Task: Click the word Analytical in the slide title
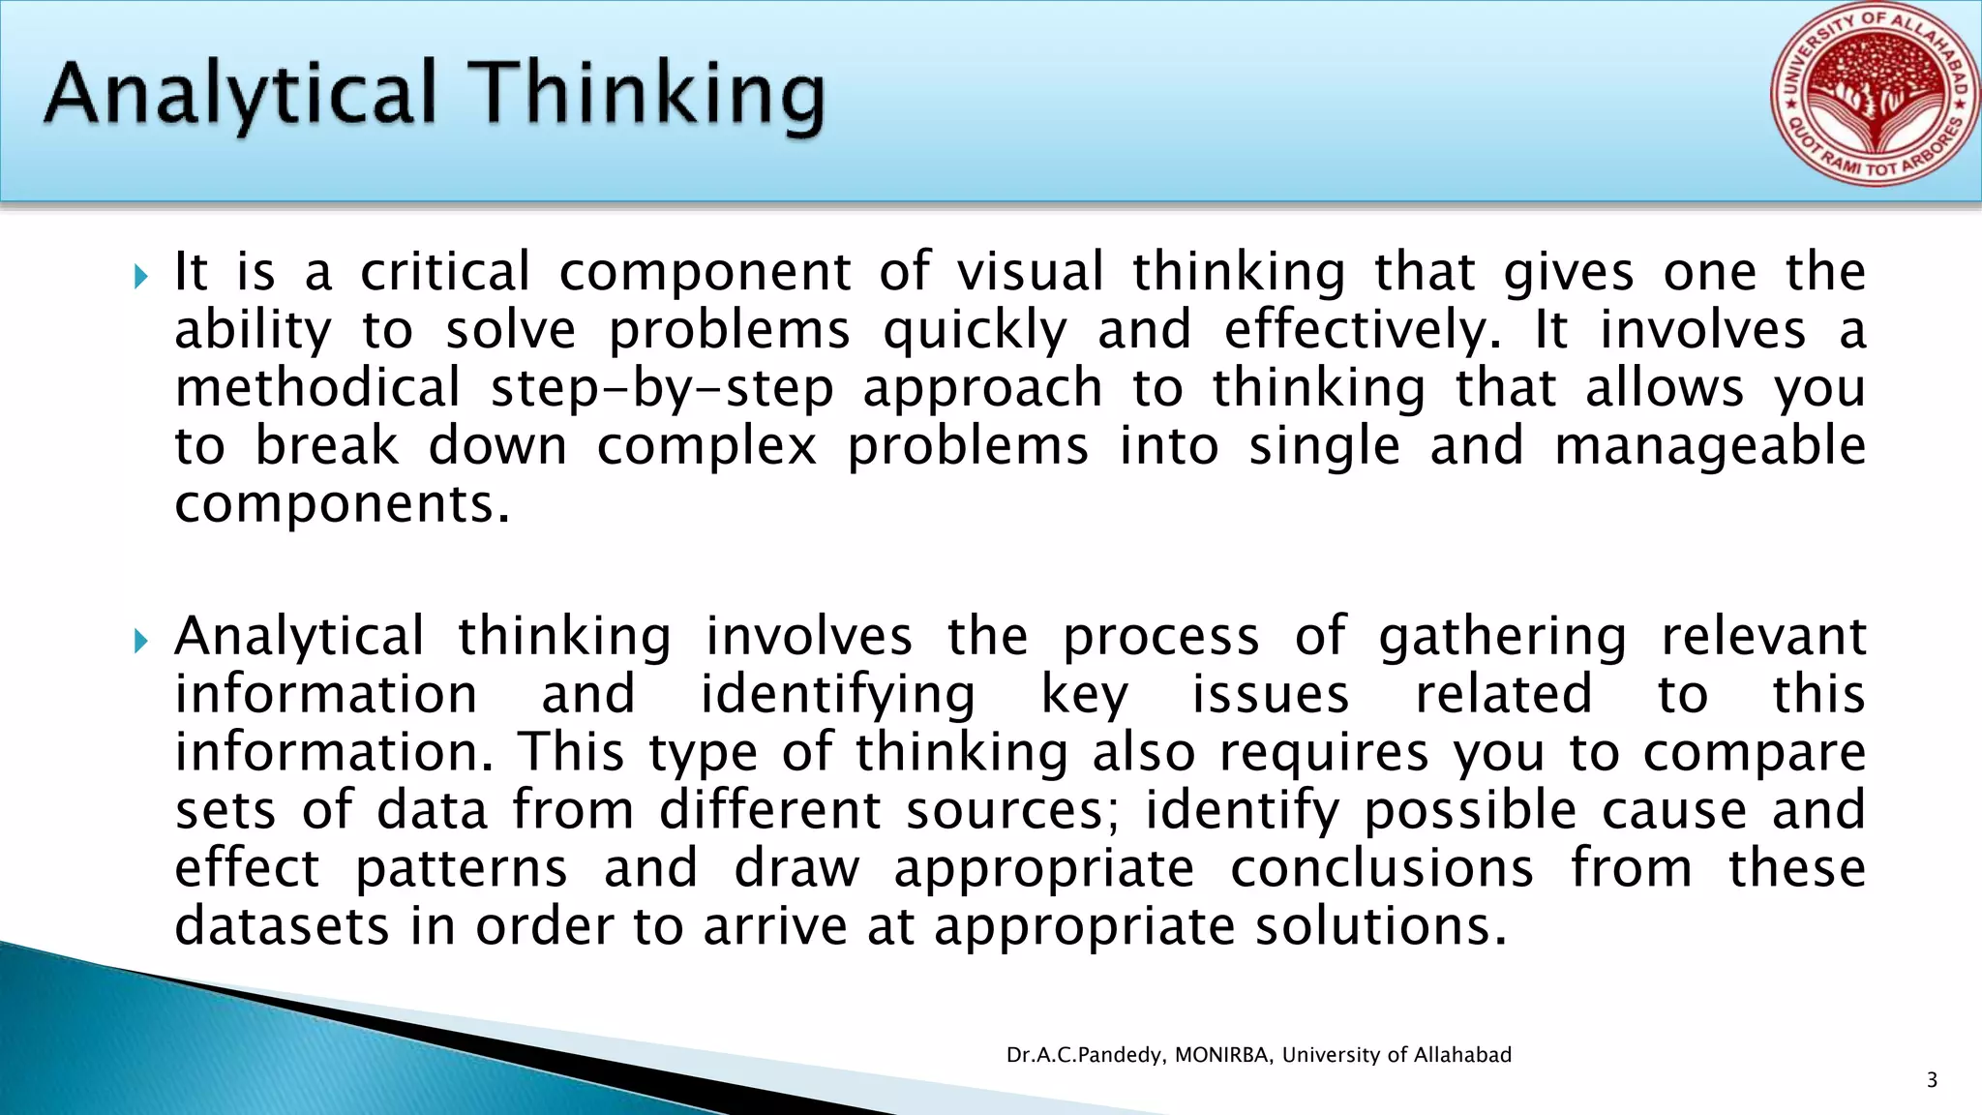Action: pyautogui.click(x=240, y=95)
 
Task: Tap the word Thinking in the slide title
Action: pyautogui.click(x=650, y=95)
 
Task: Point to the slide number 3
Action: pyautogui.click(x=1932, y=1080)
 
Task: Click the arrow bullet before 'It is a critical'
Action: pyautogui.click(x=141, y=278)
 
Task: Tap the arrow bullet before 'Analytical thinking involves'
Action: pyautogui.click(x=141, y=641)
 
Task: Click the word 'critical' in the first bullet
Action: pyautogui.click(x=445, y=272)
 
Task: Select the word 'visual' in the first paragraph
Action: pyautogui.click(x=1031, y=272)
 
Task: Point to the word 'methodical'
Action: pyautogui.click(x=317, y=388)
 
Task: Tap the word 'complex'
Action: pyautogui.click(x=706, y=447)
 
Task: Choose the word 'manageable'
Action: pyautogui.click(x=1710, y=447)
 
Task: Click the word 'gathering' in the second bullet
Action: pyautogui.click(x=1503, y=638)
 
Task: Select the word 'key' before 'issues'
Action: pyautogui.click(x=1084, y=696)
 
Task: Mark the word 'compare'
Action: pyautogui.click(x=1755, y=754)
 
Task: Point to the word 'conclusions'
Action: pyautogui.click(x=1382, y=868)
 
